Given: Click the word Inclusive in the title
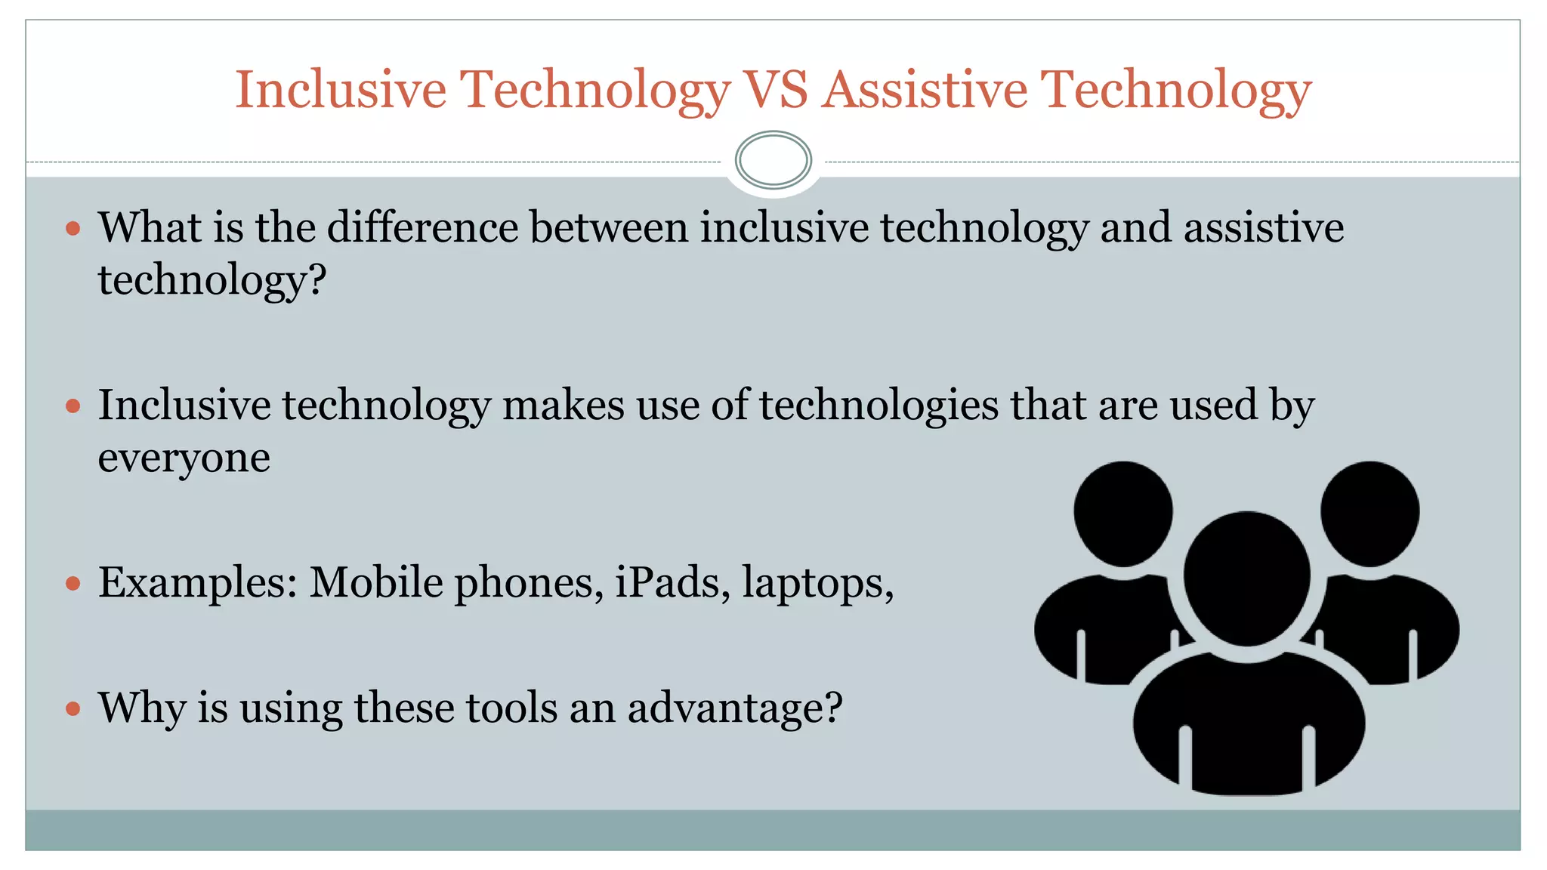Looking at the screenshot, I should pyautogui.click(x=341, y=90).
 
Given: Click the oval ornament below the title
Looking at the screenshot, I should pyautogui.click(x=773, y=160).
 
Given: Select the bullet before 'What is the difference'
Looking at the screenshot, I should pyautogui.click(x=73, y=228).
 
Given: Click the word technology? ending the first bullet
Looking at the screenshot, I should pyautogui.click(x=212, y=281).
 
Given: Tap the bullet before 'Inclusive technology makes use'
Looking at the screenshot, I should pyautogui.click(x=73, y=406).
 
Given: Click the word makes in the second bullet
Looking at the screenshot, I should pyautogui.click(x=563, y=406).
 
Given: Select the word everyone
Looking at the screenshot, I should pyautogui.click(x=184, y=458).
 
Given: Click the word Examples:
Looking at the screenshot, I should pyautogui.click(x=198, y=583).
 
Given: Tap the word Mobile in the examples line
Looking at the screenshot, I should pyautogui.click(x=375, y=583).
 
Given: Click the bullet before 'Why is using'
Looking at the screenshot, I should pyautogui.click(x=73, y=708).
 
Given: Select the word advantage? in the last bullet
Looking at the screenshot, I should pyautogui.click(x=734, y=708).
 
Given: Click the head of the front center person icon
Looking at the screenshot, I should pyautogui.click(x=1246, y=578).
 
